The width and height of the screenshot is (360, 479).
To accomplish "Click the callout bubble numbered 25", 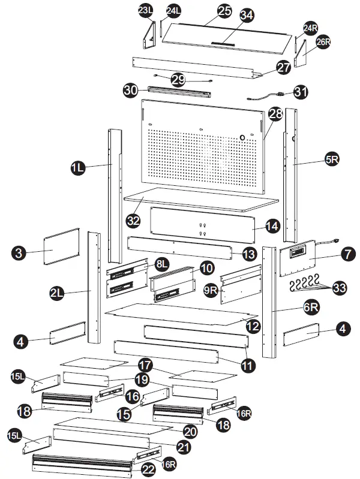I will click(224, 11).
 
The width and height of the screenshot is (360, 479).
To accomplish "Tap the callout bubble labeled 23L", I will click(145, 11).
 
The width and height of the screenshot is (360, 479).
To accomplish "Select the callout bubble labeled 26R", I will click(323, 44).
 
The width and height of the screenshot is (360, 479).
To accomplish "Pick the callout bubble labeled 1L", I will click(77, 169).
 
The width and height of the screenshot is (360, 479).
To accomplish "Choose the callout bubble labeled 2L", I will click(57, 293).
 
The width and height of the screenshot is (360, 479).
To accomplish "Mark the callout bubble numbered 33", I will click(340, 288).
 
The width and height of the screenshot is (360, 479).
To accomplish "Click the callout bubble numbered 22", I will click(148, 469).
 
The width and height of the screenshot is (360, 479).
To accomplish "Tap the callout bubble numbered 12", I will click(253, 326).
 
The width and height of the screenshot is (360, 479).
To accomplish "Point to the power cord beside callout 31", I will click(265, 95).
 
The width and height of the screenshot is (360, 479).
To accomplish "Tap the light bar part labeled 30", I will click(179, 92).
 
